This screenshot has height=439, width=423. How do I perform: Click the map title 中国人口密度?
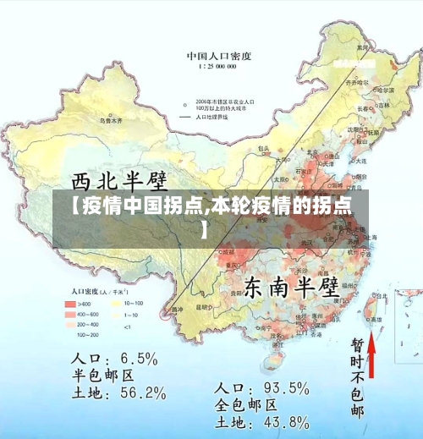tap(218, 55)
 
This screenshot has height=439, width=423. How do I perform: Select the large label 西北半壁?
tap(118, 180)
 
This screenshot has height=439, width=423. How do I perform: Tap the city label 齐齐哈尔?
tap(359, 82)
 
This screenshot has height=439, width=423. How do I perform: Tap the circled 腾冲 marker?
tap(176, 310)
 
